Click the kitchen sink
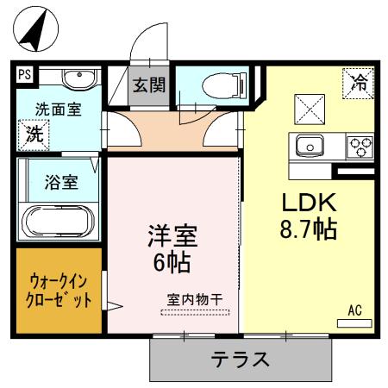[x=309, y=146]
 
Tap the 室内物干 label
[x=194, y=299]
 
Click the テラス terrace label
[x=241, y=359]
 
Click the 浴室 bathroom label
[x=61, y=182]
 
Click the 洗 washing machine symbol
[x=34, y=134]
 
